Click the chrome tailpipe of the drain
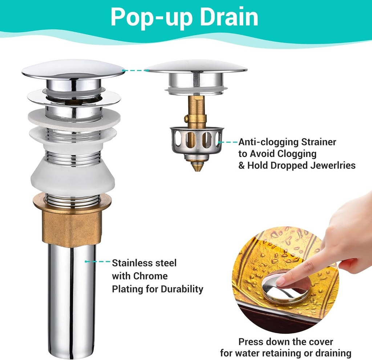point(72,300)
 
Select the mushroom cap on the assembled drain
point(73,69)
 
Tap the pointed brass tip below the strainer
point(197,166)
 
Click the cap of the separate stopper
point(196,67)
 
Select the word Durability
point(182,289)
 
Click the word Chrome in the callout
point(150,276)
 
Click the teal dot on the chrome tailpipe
point(86,261)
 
